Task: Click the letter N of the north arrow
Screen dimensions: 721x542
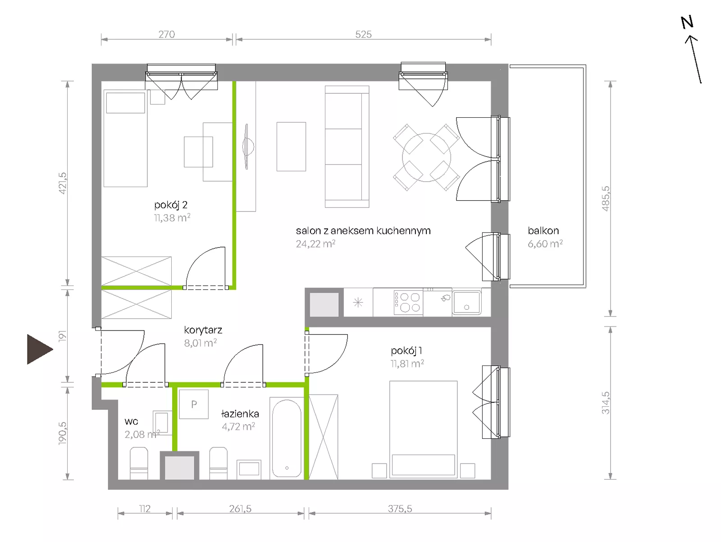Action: [x=687, y=23]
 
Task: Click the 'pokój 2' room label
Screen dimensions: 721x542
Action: [x=171, y=205]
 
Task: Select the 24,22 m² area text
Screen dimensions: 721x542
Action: [x=315, y=244]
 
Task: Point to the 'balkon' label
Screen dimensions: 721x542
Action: [x=543, y=231]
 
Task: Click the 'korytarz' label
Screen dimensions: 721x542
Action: [x=203, y=330]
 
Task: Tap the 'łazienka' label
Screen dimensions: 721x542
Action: [x=240, y=413]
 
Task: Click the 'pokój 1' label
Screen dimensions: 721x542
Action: [x=406, y=351]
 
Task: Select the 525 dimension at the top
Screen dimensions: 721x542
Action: [x=363, y=34]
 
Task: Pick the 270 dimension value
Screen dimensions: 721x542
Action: [x=167, y=34]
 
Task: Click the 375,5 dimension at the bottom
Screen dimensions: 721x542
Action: [x=400, y=509]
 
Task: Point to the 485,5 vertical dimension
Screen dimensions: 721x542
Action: [x=605, y=198]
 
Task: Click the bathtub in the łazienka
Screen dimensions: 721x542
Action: [x=287, y=438]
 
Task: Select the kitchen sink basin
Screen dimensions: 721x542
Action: [x=467, y=302]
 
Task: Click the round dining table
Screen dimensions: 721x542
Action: [x=426, y=157]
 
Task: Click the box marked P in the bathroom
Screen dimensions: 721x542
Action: [x=194, y=404]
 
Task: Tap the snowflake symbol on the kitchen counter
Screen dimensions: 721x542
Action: [x=358, y=303]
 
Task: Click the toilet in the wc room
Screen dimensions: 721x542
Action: [x=139, y=463]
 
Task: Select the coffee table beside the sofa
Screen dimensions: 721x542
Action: [x=292, y=147]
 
